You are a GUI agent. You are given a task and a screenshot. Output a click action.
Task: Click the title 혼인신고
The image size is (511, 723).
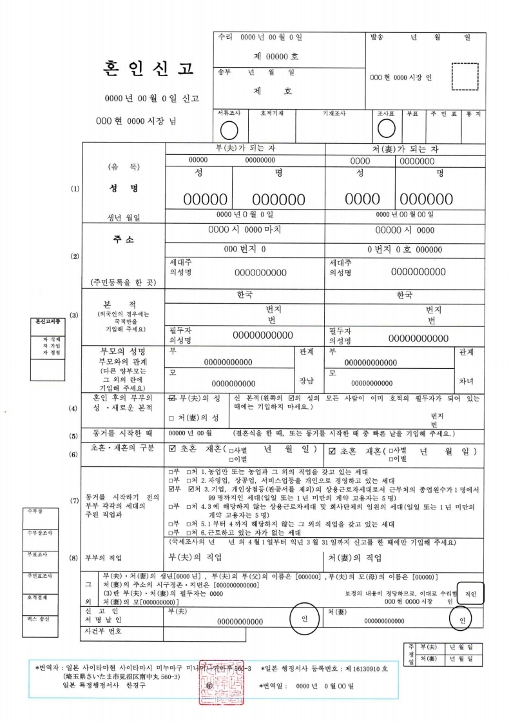coord(148,68)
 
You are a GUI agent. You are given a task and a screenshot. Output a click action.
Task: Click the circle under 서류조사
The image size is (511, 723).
coord(229,130)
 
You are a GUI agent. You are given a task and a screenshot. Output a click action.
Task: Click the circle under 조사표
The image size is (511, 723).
coord(386,129)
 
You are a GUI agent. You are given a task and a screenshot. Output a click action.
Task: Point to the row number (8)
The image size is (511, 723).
coord(74,557)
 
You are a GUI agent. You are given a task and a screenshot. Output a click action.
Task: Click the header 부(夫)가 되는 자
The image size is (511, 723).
coord(245,148)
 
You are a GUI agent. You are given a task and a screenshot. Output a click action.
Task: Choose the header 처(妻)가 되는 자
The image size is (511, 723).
coord(405,149)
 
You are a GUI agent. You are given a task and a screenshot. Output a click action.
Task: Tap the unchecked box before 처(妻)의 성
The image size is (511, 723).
coord(171,418)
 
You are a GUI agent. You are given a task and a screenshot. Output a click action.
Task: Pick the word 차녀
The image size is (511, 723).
coord(465,381)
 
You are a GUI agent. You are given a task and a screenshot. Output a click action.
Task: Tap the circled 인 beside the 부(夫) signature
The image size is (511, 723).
coord(305,617)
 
